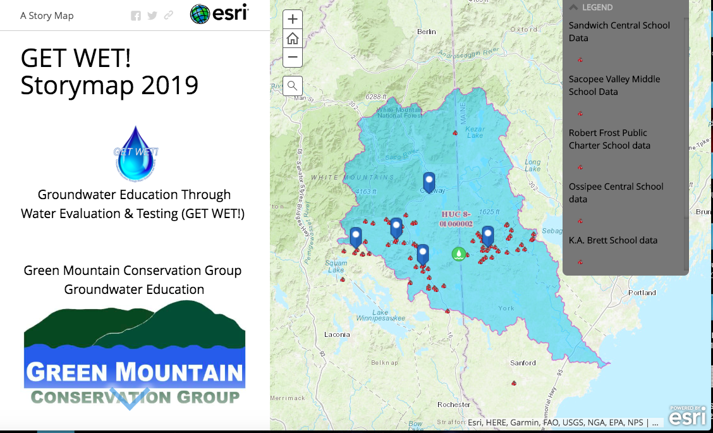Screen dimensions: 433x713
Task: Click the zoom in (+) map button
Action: point(292,20)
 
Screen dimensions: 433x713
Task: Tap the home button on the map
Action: point(292,39)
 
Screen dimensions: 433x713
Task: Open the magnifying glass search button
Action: point(292,85)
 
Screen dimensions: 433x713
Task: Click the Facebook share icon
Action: point(136,16)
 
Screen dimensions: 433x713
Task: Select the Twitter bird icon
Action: point(152,16)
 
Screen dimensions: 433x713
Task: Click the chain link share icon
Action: point(168,16)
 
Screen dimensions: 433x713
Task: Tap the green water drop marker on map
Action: point(458,254)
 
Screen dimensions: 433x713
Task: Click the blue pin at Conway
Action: point(429,182)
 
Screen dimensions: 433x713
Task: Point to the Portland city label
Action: point(642,293)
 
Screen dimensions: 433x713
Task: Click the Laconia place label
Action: point(337,334)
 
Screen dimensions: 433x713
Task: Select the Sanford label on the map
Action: point(523,363)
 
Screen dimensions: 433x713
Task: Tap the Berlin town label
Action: point(427,32)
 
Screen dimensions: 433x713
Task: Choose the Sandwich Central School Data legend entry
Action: point(619,32)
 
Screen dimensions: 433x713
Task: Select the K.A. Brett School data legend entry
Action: point(612,240)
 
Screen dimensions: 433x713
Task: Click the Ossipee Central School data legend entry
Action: point(616,193)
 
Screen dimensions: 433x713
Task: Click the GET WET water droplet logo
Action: point(136,154)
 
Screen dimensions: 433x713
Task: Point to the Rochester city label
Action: point(453,405)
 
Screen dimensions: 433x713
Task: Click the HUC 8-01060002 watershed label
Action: point(456,219)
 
